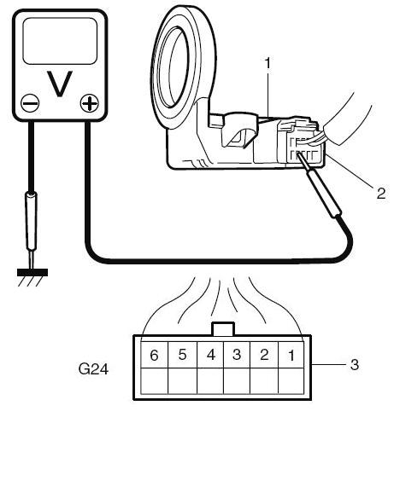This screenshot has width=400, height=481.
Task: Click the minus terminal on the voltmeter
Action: pyautogui.click(x=30, y=103)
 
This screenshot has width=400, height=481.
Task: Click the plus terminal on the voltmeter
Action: pyautogui.click(x=90, y=102)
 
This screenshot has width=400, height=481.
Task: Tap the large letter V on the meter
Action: pyautogui.click(x=60, y=84)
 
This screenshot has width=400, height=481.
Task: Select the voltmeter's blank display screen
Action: pyautogui.click(x=60, y=41)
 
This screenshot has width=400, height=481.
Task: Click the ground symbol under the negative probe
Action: pyautogui.click(x=32, y=276)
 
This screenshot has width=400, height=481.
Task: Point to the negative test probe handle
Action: pyautogui.click(x=31, y=221)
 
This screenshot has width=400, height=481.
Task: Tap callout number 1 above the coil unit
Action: pyautogui.click(x=268, y=63)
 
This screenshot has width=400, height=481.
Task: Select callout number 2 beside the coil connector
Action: pyautogui.click(x=381, y=194)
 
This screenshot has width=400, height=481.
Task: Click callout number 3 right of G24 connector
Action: pyautogui.click(x=355, y=365)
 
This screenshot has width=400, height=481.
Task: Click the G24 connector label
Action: pyautogui.click(x=93, y=368)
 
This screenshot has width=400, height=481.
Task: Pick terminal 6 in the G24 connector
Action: pyautogui.click(x=154, y=355)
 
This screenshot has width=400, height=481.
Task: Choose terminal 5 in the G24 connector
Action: pyautogui.click(x=182, y=355)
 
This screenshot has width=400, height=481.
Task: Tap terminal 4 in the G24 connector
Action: pyautogui.click(x=210, y=355)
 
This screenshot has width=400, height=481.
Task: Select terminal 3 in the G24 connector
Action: pyautogui.click(x=237, y=355)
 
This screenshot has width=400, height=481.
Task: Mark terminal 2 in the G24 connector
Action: pyautogui.click(x=264, y=355)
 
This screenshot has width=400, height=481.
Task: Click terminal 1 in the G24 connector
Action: pyautogui.click(x=291, y=355)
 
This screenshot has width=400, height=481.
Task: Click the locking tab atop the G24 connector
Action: pyautogui.click(x=224, y=329)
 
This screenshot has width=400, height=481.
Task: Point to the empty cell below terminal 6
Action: pyautogui.click(x=154, y=380)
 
